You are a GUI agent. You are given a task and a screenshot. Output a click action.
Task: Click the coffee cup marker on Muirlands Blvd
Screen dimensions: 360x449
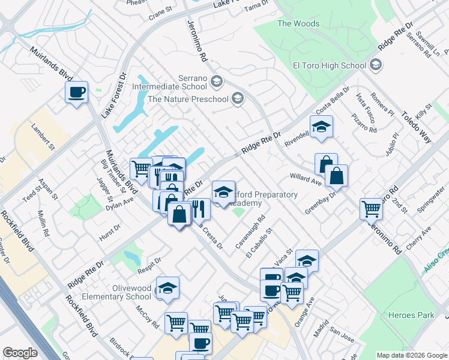76,92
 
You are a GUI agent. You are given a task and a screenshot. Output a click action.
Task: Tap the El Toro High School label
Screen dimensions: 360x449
329,65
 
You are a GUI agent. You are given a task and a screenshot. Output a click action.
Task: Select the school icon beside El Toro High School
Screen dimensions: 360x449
376,65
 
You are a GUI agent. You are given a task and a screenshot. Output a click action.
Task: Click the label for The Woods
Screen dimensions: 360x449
298,24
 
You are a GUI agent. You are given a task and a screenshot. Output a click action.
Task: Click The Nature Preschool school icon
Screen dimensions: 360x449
238,98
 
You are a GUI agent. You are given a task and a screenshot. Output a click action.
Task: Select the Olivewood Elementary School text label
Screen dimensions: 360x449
122,292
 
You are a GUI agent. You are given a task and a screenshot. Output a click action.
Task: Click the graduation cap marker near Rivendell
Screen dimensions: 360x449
322,127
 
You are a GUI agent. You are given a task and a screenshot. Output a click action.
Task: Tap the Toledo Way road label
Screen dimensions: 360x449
417,127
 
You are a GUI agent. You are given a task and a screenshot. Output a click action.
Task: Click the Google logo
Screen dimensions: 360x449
20,353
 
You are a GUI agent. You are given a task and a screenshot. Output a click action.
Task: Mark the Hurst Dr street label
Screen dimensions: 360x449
110,234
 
